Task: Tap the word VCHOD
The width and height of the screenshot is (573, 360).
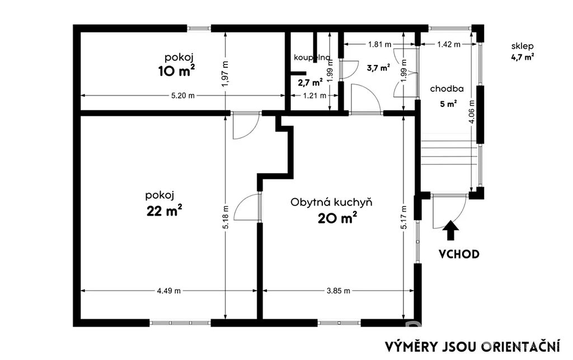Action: click(x=459, y=254)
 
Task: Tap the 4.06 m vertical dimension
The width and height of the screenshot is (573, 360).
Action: click(x=471, y=112)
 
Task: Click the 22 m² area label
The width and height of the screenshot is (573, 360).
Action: click(x=165, y=211)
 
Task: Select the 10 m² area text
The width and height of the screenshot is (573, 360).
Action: click(x=176, y=71)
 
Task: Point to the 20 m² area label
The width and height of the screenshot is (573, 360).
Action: click(x=337, y=218)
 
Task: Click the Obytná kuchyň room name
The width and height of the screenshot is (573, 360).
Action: click(x=331, y=202)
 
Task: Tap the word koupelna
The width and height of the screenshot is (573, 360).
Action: click(x=312, y=57)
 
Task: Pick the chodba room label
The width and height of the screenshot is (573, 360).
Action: click(x=447, y=89)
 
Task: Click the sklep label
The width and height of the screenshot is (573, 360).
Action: click(x=522, y=46)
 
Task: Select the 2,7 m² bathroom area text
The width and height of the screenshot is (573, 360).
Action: click(x=310, y=82)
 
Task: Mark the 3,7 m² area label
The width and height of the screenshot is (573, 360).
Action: click(x=378, y=67)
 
